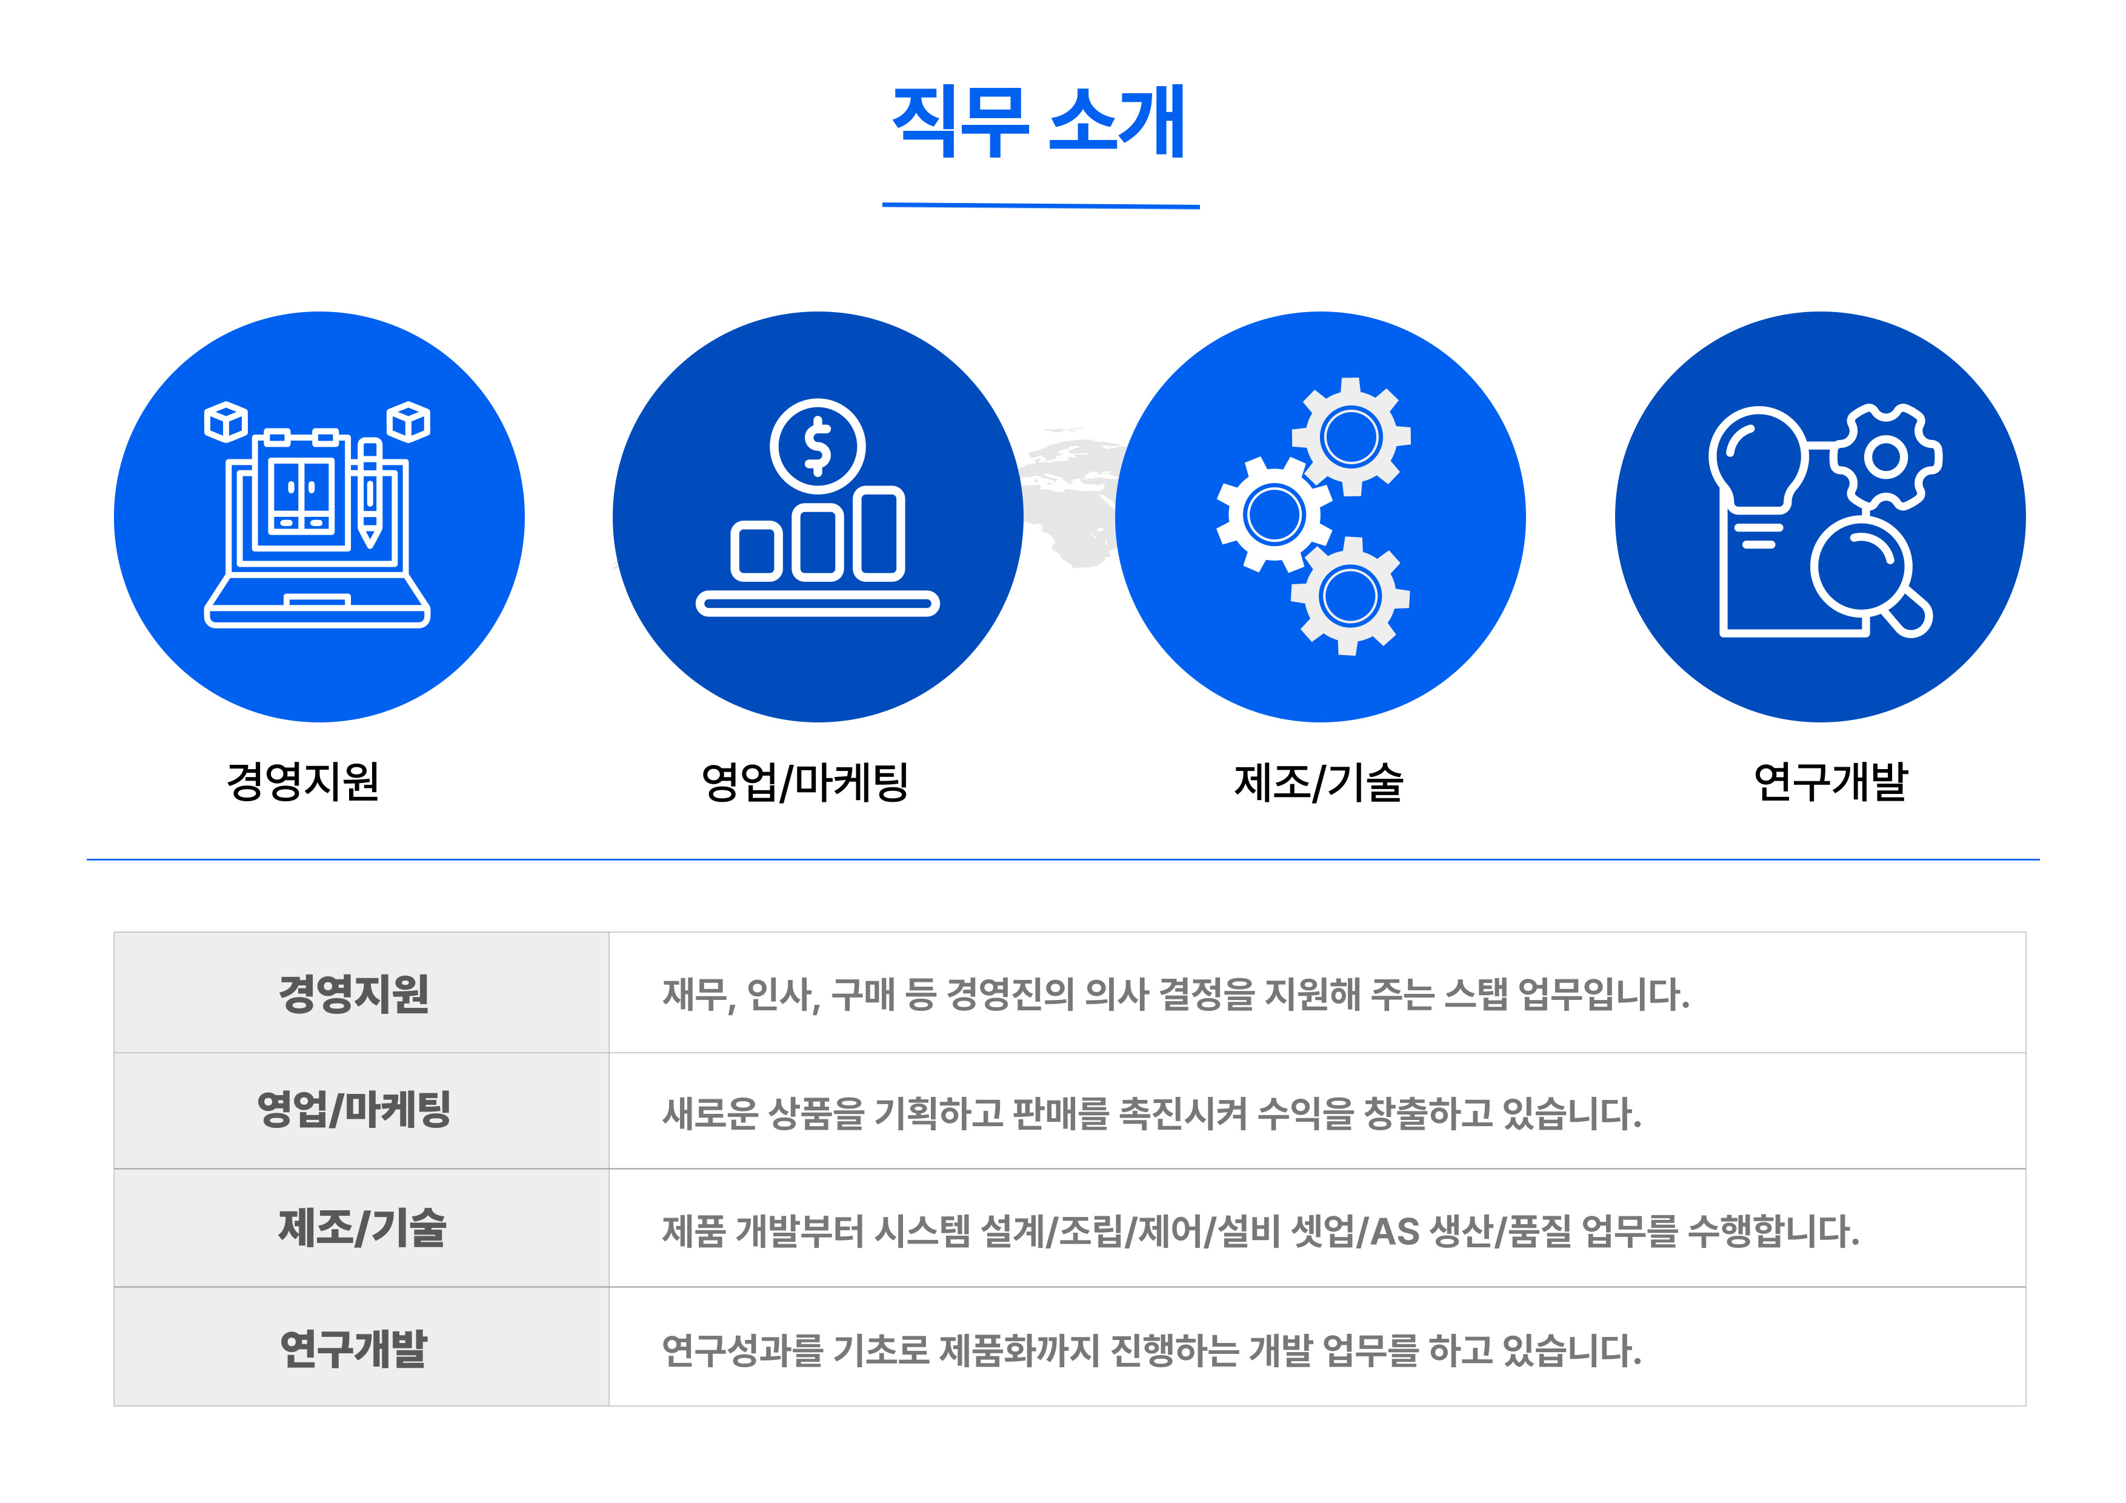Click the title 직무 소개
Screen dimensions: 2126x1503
tap(1039, 121)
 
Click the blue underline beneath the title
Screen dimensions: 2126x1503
tap(1041, 205)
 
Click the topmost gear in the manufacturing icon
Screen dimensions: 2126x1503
tap(1351, 436)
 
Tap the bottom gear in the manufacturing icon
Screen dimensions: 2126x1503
tap(1350, 596)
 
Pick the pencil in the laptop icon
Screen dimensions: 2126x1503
tap(370, 493)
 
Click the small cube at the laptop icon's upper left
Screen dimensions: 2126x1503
tap(226, 421)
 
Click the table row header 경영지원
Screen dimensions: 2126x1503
tap(354, 994)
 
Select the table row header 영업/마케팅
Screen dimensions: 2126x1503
tap(354, 1110)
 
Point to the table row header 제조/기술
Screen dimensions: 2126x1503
tap(362, 1228)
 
